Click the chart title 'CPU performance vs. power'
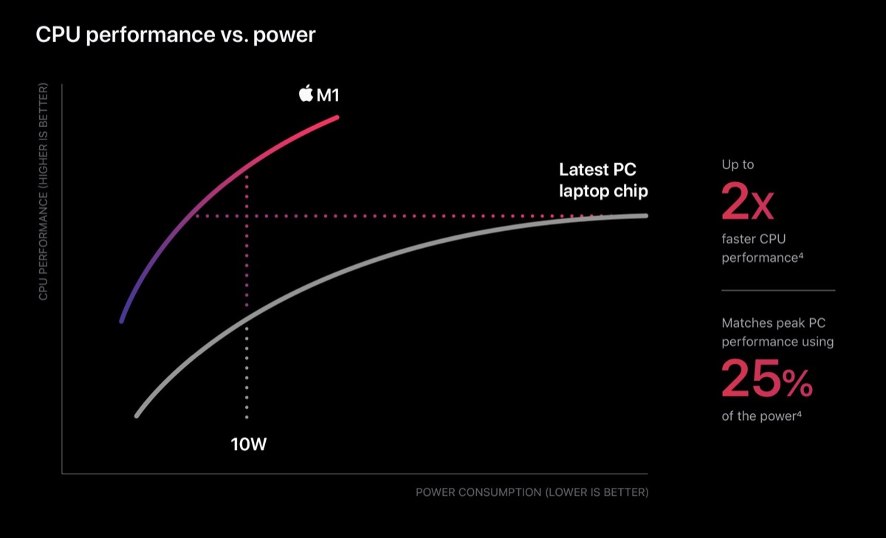coord(176,35)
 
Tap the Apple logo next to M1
coord(306,94)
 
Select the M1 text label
coord(328,95)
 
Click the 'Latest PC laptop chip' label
coord(603,180)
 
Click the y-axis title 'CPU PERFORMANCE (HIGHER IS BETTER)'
coord(44,193)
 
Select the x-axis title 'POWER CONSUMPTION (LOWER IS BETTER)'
coord(532,492)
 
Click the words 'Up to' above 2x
coord(738,165)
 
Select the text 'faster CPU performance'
coord(761,248)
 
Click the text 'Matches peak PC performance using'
coord(777,333)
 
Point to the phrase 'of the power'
coord(761,416)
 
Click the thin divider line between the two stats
coord(778,290)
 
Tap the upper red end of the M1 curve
coord(337,117)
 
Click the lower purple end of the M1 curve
coord(122,321)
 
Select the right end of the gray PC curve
coord(645,215)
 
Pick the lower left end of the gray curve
coord(137,415)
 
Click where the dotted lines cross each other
coord(246,216)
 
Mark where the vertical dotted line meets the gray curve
coord(246,319)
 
